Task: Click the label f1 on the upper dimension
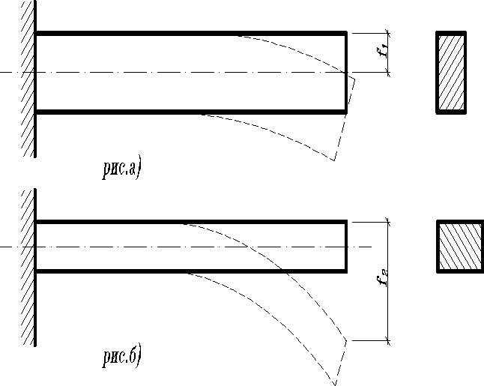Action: pos(383,52)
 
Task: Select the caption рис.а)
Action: pos(121,169)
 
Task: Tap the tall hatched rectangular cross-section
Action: pos(451,73)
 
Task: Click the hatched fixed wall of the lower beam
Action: pos(28,266)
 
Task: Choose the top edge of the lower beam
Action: pos(112,222)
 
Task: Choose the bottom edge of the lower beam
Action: pos(112,270)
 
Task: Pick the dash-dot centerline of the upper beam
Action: pos(187,73)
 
